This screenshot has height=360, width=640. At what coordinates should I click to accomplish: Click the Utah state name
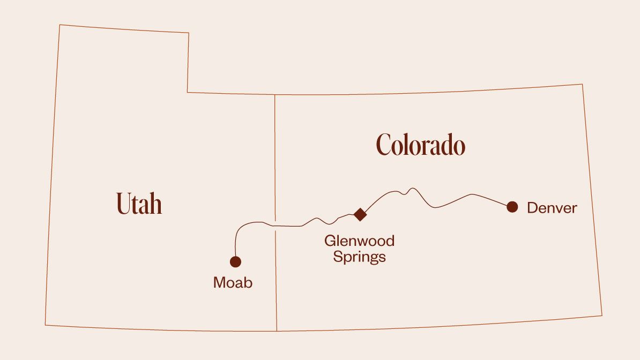(139, 204)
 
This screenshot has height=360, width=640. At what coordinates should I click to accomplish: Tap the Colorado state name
(420, 145)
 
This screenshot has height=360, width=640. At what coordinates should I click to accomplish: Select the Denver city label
(552, 208)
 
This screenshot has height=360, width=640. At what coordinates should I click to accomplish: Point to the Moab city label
(233, 282)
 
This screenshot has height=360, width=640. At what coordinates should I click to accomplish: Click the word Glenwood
(359, 241)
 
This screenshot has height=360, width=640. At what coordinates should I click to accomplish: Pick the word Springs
(359, 257)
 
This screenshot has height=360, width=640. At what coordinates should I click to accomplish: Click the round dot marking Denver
(512, 207)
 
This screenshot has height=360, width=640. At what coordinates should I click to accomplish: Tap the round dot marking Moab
(235, 261)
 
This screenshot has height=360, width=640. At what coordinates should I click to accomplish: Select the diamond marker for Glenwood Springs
(360, 214)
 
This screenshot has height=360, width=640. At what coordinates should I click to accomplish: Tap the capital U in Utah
(123, 203)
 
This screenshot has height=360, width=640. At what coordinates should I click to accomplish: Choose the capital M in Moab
(219, 282)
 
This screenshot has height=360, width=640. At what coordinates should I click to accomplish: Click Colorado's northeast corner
(583, 84)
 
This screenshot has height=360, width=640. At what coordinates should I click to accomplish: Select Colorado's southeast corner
(602, 316)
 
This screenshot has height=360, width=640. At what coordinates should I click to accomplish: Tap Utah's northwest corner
(59, 25)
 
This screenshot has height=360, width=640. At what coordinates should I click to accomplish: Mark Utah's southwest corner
(45, 325)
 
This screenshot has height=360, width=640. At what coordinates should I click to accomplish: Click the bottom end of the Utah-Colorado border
(277, 331)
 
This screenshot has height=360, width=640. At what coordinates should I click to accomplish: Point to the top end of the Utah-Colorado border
(275, 95)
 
